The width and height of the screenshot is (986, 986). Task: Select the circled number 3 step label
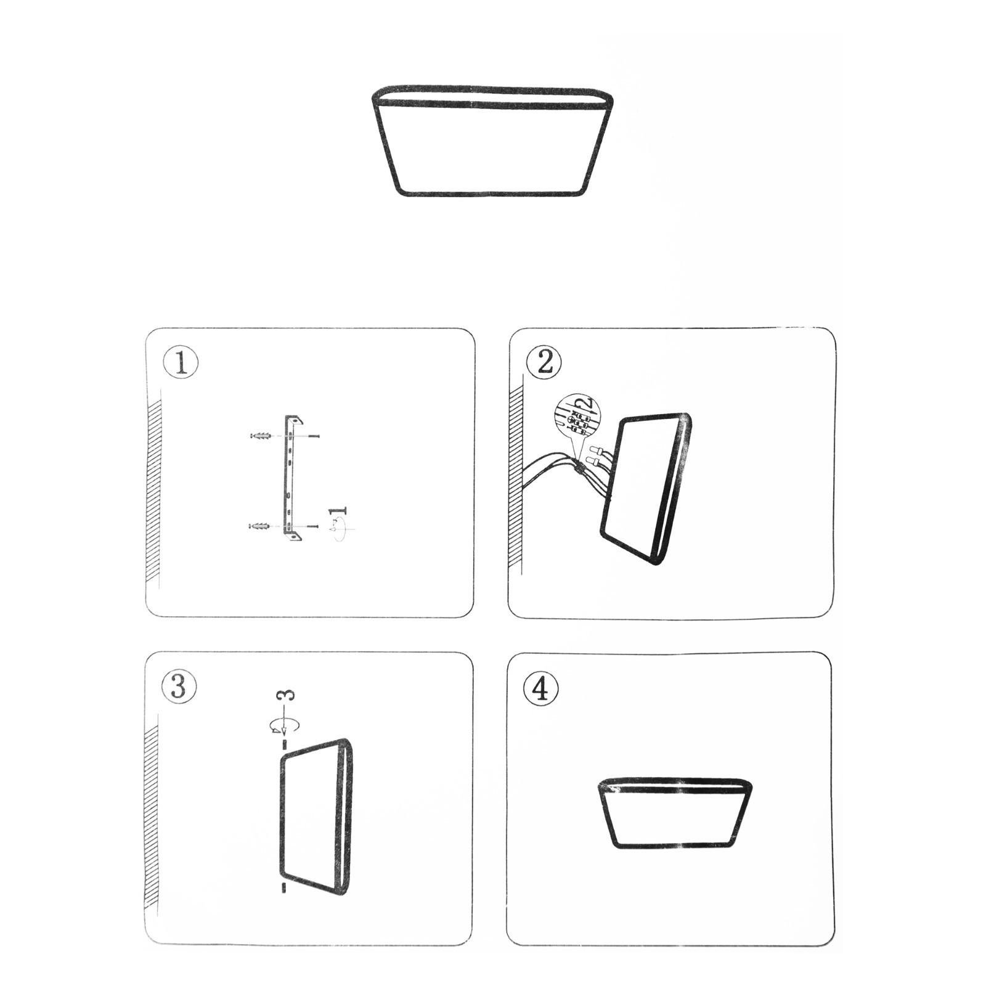pyautogui.click(x=179, y=686)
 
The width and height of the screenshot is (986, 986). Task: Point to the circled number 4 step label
pyautogui.click(x=540, y=688)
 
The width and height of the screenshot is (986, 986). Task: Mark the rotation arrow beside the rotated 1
pyautogui.click(x=340, y=529)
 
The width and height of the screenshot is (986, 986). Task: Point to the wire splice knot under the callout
pyautogui.click(x=579, y=469)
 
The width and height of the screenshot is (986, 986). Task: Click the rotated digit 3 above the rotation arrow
pyautogui.click(x=287, y=695)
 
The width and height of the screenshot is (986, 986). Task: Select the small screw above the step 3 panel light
pyautogui.click(x=284, y=744)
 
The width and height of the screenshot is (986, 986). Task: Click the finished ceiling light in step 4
pyautogui.click(x=675, y=813)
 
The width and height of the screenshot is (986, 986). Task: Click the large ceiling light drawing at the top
pyautogui.click(x=492, y=141)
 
